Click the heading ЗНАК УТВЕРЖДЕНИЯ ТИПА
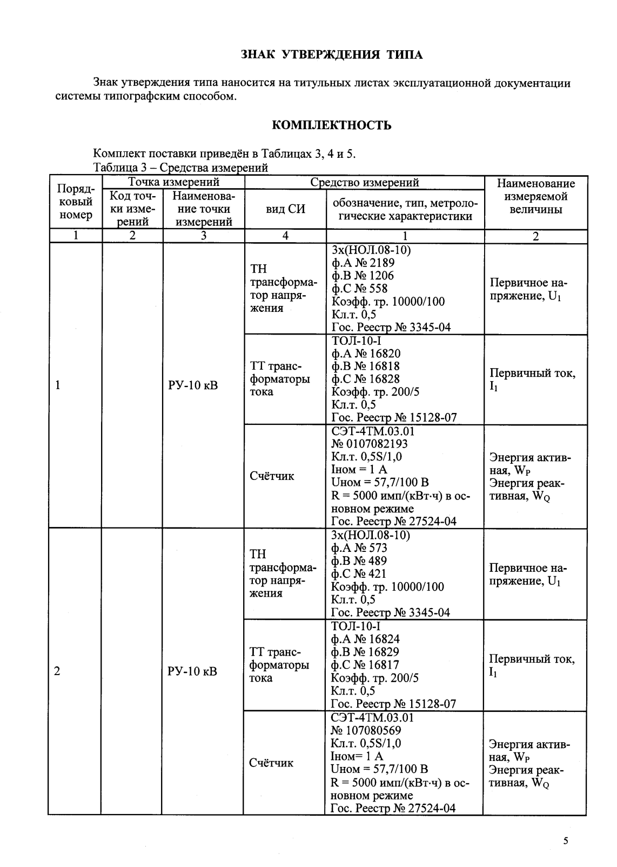click(331, 55)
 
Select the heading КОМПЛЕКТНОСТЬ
click(331, 126)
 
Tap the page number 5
click(566, 841)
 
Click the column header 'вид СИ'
click(285, 210)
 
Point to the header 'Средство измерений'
click(364, 183)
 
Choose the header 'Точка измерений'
click(173, 182)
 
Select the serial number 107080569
click(365, 730)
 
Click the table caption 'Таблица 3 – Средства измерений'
click(180, 168)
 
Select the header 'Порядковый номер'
click(75, 202)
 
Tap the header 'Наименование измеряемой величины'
click(535, 196)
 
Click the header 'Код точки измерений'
click(132, 209)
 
